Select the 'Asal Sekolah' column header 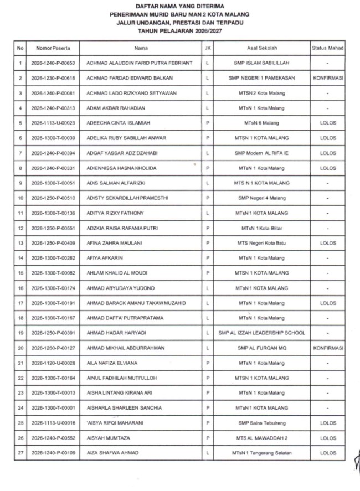262,48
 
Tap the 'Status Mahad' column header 327,48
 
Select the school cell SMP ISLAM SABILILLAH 262,63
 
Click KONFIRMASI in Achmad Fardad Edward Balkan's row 328,78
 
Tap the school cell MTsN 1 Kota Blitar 262,228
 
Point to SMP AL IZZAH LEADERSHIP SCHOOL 262,333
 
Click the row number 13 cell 20,243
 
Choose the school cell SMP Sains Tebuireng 262,423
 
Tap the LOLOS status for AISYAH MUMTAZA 328,438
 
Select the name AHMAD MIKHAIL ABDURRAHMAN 126,348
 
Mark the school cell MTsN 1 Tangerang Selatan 262,453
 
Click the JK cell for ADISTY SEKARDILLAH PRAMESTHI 207,198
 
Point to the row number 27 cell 20,453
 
